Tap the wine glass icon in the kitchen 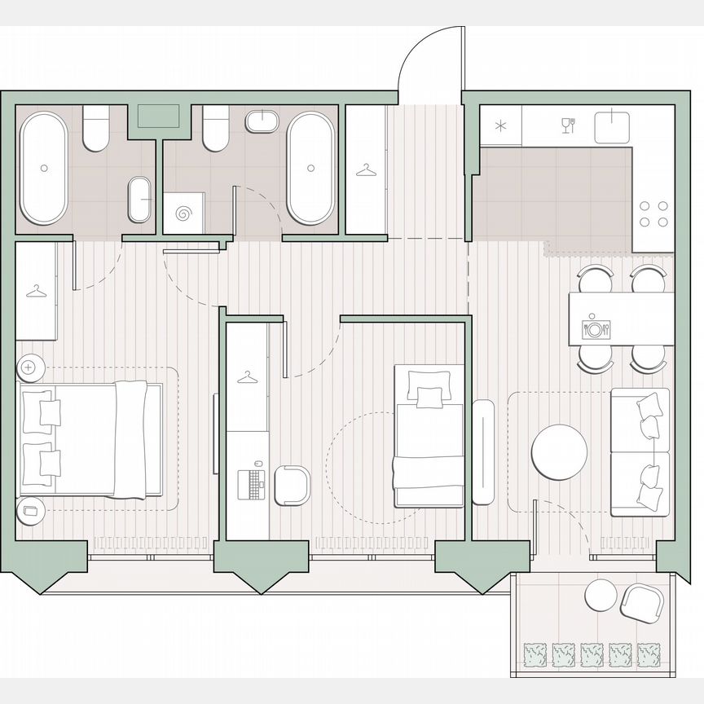568,125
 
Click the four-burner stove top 653,213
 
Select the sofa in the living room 640,451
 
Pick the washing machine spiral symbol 183,213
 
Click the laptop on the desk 251,483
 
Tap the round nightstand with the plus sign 30,367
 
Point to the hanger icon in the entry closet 366,170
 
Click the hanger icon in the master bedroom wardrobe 36,291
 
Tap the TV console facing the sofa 483,452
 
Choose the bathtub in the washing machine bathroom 310,168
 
